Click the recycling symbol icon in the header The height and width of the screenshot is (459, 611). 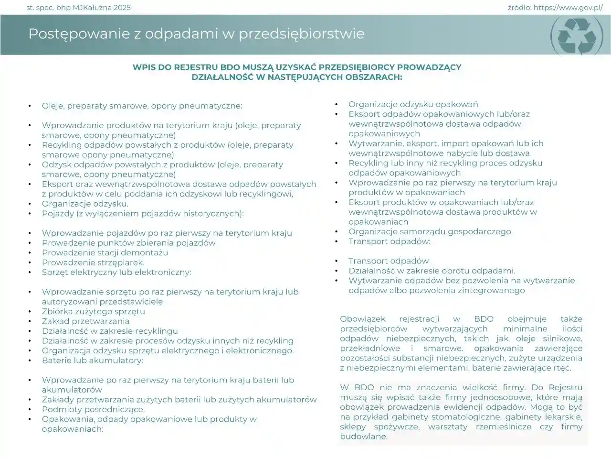[577, 35]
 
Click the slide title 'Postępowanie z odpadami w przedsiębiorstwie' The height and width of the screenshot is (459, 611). [196, 34]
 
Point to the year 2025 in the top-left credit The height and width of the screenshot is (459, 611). [122, 8]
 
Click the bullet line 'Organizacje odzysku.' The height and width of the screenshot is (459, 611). [85, 204]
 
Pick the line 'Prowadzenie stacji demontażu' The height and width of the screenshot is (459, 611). [105, 252]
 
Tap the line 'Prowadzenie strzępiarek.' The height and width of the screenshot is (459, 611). [93, 262]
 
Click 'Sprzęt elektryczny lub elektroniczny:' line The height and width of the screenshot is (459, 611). [116, 272]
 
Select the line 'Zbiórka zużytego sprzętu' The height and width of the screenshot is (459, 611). [94, 311]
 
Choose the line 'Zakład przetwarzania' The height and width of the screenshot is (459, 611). [85, 321]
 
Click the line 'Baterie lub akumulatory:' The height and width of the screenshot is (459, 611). [93, 361]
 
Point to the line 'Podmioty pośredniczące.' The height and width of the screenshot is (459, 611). [93, 409]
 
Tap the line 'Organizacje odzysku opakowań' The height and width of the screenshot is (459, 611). [413, 104]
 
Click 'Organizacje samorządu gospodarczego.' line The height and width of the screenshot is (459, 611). [431, 231]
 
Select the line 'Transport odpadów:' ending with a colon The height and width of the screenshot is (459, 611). [390, 241]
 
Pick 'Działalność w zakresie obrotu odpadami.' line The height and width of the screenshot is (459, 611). [432, 271]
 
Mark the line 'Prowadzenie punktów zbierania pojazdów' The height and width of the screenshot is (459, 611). [129, 243]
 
